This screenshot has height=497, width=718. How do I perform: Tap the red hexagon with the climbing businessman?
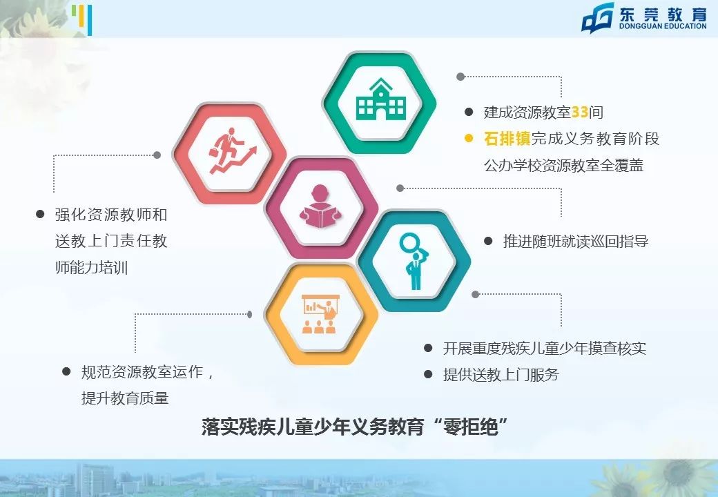[229, 154]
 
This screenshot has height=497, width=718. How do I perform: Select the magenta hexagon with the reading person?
[321, 207]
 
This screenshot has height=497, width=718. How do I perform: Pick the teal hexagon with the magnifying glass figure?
[414, 260]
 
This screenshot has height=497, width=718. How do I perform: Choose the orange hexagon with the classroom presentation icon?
[321, 314]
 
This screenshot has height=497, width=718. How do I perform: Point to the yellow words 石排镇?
[507, 139]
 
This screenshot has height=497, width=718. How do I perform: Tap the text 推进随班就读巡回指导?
[576, 242]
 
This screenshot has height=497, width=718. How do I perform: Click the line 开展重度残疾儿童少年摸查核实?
[544, 349]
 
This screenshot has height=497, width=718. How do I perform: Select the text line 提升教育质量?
[125, 398]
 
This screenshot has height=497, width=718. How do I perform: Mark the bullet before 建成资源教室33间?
[469, 112]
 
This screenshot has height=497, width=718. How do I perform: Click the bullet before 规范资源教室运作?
[67, 372]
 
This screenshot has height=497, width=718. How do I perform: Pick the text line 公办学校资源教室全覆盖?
[563, 166]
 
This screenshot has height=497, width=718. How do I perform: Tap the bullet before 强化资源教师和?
[40, 215]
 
